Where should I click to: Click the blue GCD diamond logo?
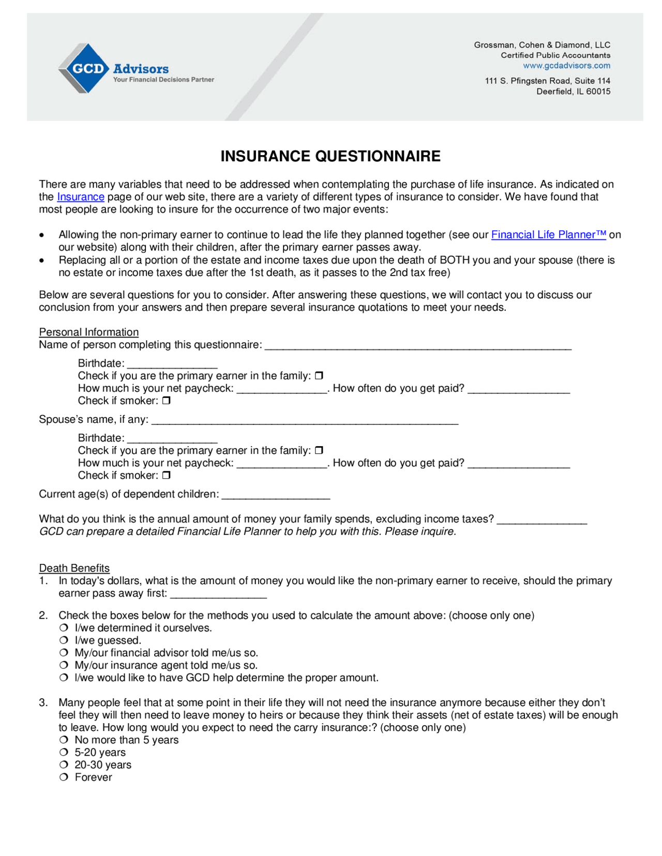pyautogui.click(x=84, y=68)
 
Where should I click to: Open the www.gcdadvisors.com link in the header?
pyautogui.click(x=566, y=66)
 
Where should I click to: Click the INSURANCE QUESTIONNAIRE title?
pyautogui.click(x=330, y=156)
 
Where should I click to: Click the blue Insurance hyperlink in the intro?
pyautogui.click(x=81, y=197)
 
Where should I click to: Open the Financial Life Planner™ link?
pyautogui.click(x=548, y=235)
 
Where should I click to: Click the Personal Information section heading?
pyautogui.click(x=89, y=332)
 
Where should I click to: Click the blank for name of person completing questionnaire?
pyautogui.click(x=418, y=345)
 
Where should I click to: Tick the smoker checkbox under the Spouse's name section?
pyautogui.click(x=166, y=475)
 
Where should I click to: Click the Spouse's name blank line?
pyautogui.click(x=305, y=420)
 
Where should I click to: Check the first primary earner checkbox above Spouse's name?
pyautogui.click(x=319, y=376)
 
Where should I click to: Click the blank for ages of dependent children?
pyautogui.click(x=276, y=495)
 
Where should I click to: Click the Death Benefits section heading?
pyautogui.click(x=74, y=568)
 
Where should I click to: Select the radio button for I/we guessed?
pyautogui.click(x=64, y=640)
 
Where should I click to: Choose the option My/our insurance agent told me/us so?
pyautogui.click(x=64, y=665)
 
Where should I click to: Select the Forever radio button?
pyautogui.click(x=64, y=777)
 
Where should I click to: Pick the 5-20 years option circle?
pyautogui.click(x=64, y=753)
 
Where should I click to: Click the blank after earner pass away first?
pyautogui.click(x=218, y=594)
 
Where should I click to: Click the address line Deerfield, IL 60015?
pyautogui.click(x=573, y=91)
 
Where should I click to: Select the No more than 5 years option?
pyautogui.click(x=64, y=740)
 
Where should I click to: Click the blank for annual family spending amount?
pyautogui.click(x=541, y=519)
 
